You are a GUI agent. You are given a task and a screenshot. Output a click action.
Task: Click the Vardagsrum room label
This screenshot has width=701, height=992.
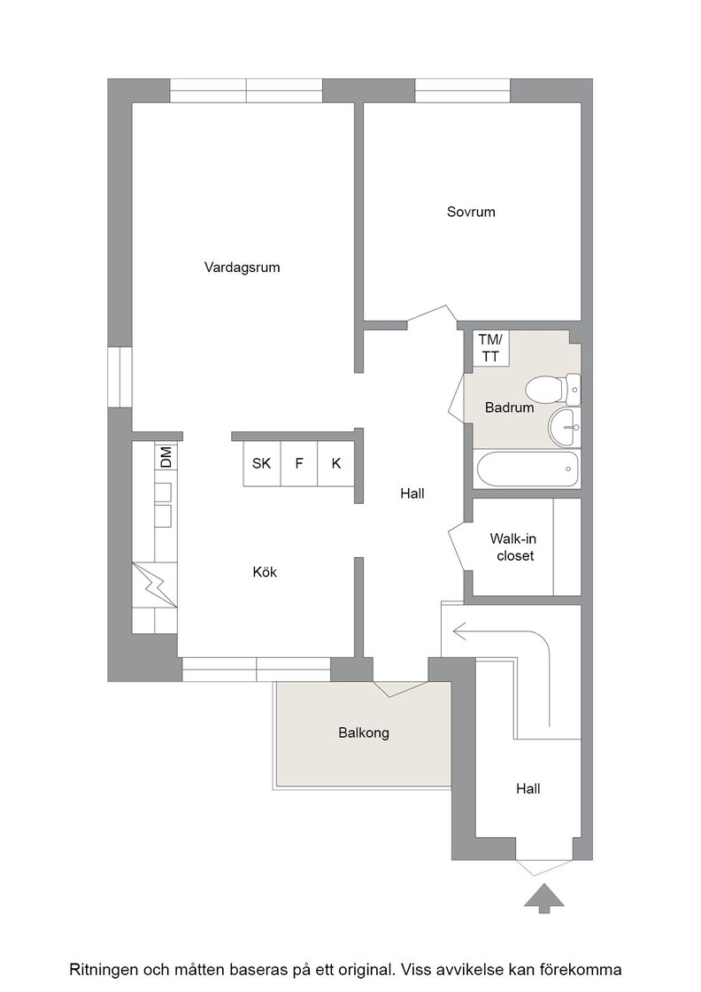tap(243, 267)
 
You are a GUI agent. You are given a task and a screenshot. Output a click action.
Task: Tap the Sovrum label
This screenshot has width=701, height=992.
tap(471, 212)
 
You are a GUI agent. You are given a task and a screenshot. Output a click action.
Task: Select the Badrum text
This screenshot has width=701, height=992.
tap(510, 407)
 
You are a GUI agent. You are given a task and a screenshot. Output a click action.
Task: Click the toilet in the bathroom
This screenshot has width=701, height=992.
tap(552, 389)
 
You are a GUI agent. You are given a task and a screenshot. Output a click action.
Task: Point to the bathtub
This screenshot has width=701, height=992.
tap(528, 469)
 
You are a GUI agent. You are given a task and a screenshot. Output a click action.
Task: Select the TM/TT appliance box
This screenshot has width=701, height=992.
tap(491, 348)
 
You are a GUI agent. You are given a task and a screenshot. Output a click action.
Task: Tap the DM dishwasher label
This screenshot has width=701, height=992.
tap(166, 457)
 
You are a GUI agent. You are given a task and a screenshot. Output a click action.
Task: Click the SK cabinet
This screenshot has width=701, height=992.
tap(262, 464)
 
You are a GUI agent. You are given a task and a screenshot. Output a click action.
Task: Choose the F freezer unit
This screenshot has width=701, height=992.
tap(299, 464)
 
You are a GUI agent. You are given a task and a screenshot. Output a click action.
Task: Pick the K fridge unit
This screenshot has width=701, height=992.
tap(335, 464)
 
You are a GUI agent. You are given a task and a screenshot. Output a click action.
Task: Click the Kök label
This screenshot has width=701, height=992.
tap(265, 572)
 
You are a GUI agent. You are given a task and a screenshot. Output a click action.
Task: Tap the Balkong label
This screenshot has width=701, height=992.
tap(364, 733)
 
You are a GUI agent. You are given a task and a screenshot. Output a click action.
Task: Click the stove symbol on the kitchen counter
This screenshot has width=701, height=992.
tap(155, 585)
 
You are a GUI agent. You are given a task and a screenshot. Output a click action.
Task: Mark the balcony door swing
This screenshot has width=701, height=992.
tap(401, 689)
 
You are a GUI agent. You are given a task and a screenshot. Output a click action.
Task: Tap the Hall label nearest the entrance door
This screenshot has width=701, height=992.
tap(528, 789)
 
